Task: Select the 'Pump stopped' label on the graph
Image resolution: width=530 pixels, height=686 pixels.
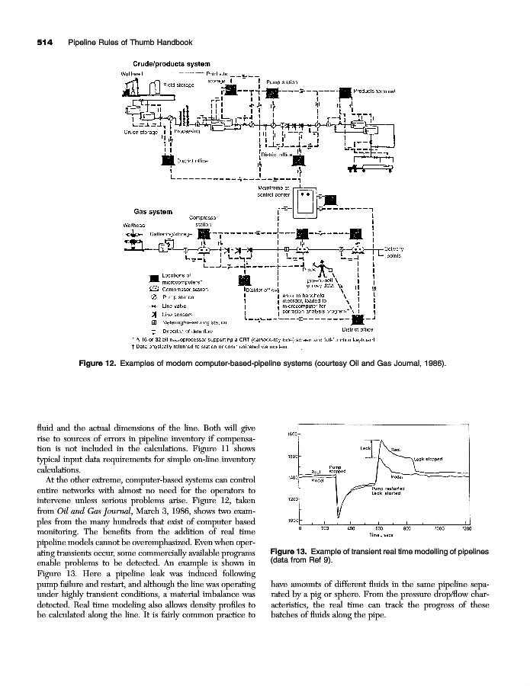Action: (x=336, y=469)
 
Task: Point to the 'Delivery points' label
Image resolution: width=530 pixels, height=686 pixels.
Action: (x=392, y=252)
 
